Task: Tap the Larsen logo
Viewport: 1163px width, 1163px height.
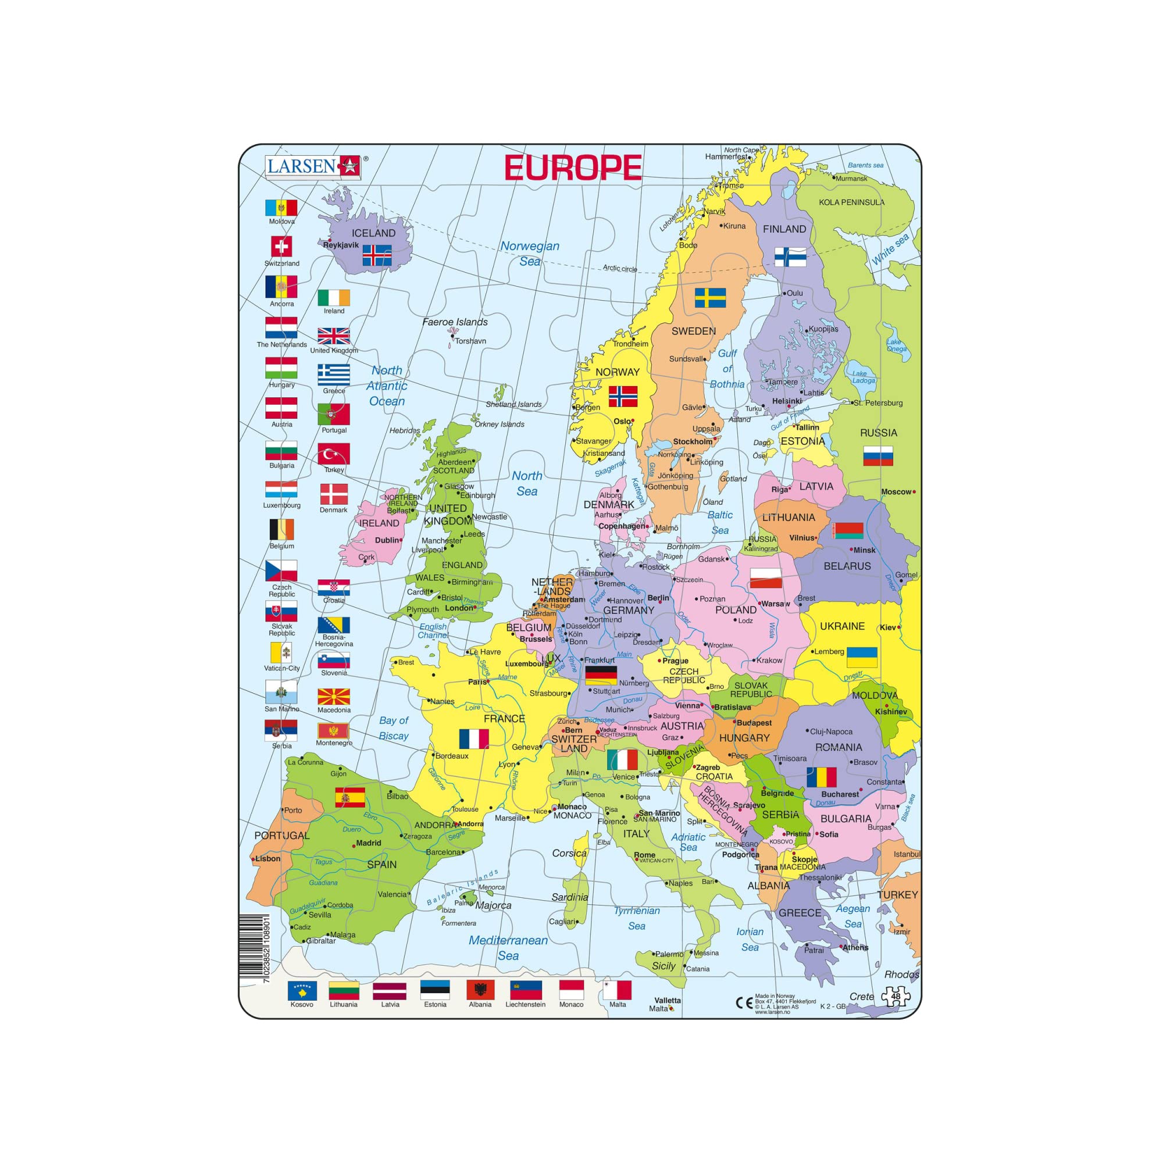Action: click(313, 166)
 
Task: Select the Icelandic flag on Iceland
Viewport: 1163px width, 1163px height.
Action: click(377, 256)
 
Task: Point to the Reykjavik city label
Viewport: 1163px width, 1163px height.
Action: click(341, 245)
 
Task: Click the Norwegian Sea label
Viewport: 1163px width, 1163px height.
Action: click(530, 254)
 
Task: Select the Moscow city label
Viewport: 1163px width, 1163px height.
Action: click(896, 492)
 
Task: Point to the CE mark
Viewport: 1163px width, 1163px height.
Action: click(744, 1003)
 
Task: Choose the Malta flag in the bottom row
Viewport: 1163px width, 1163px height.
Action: click(617, 990)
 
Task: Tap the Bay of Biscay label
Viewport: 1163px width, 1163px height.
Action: click(394, 728)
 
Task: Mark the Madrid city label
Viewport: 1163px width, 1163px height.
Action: click(369, 843)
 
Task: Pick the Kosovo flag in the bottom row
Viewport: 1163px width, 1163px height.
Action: click(302, 990)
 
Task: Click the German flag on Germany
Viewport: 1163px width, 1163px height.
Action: click(601, 675)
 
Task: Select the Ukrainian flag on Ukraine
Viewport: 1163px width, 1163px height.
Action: click(861, 657)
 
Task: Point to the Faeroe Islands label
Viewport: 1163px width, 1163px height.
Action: click(455, 322)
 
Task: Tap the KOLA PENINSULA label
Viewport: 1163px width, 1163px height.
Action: click(851, 202)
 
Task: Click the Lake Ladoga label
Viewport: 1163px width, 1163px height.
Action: click(863, 377)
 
